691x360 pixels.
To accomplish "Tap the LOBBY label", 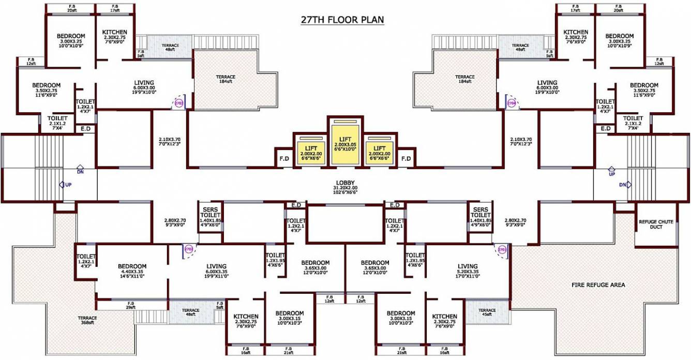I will pos(345,182).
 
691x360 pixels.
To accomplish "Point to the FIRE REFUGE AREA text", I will pos(598,285).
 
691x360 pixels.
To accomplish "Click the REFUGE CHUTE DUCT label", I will pos(656,224).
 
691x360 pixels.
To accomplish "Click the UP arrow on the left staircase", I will pos(63,184).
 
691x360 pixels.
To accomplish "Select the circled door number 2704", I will pos(511,103).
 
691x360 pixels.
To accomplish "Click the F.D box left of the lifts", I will pos(284,158).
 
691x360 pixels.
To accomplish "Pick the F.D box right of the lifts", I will pos(406,158).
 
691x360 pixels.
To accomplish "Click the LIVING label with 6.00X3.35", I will pos(216,267).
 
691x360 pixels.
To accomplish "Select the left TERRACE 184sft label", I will pos(226,79).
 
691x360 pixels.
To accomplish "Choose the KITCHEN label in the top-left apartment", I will pos(114,32).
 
